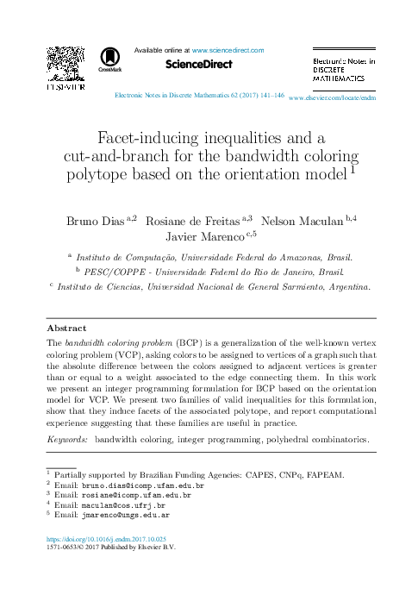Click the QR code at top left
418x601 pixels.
click(x=66, y=63)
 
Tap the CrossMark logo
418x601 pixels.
click(x=110, y=59)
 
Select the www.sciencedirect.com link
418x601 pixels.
click(x=228, y=51)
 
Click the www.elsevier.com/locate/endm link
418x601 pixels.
click(x=333, y=99)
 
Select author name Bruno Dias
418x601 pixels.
click(x=95, y=221)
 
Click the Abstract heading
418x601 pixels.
click(x=66, y=329)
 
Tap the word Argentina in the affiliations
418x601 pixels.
click(x=343, y=288)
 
